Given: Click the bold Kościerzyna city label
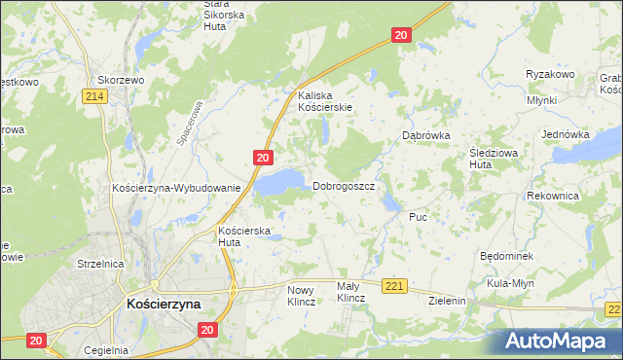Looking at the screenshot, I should [164, 304].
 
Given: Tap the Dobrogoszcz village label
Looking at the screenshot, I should [344, 186].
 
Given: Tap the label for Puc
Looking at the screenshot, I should [419, 216].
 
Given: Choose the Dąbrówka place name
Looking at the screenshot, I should [426, 136].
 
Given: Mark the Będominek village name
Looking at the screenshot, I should [504, 255].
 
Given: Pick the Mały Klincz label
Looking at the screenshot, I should [349, 293].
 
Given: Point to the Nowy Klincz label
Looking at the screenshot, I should [302, 296].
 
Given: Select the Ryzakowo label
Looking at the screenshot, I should [551, 75].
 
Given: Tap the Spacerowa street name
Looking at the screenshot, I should [189, 125].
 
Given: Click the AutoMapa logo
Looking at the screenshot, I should [561, 341].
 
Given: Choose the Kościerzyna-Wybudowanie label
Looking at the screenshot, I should [176, 188].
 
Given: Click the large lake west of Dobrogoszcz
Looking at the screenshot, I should [280, 181].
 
